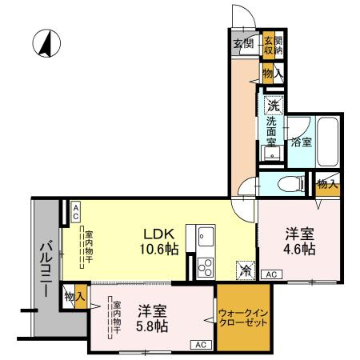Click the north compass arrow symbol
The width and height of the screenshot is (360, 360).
(x=46, y=43)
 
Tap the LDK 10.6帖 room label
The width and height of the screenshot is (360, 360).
(x=159, y=242)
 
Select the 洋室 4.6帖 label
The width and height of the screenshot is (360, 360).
(x=300, y=242)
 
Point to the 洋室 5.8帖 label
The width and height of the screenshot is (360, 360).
(x=152, y=318)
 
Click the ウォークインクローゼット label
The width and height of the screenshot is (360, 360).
(x=242, y=318)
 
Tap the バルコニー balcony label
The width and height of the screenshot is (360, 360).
(x=47, y=269)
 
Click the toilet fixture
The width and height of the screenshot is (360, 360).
(x=291, y=184)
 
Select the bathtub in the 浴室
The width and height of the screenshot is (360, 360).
(x=328, y=142)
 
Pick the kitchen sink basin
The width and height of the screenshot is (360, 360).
(x=206, y=236)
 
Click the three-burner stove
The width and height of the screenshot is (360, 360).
(x=206, y=267)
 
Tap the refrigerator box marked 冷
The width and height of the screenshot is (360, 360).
(x=246, y=270)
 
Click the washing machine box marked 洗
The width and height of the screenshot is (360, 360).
(x=274, y=106)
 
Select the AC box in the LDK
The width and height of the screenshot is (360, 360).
(x=76, y=212)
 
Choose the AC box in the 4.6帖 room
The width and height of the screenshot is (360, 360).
(x=271, y=274)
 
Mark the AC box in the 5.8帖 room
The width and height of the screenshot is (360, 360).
(x=201, y=345)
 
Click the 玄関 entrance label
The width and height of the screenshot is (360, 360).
(x=243, y=43)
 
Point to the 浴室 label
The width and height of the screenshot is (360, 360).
(x=301, y=142)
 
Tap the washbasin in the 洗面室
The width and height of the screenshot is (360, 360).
(x=272, y=154)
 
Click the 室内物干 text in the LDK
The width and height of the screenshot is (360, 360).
(x=89, y=246)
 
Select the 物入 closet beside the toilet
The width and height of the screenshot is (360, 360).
(x=327, y=185)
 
